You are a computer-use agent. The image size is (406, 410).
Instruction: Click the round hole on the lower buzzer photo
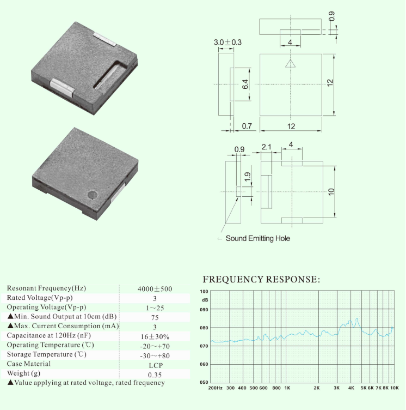click(x=92, y=195)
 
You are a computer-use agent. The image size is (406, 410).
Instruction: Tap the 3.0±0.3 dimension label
click(x=227, y=42)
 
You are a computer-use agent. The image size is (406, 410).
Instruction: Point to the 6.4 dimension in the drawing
click(x=245, y=84)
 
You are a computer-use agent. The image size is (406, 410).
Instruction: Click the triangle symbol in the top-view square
click(x=290, y=64)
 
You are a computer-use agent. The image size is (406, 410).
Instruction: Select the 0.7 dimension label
click(x=247, y=126)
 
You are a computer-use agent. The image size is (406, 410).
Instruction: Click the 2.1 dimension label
click(x=266, y=147)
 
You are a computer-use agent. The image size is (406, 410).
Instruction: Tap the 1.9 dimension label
click(x=248, y=177)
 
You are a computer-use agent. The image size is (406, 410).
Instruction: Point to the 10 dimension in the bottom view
click(x=331, y=192)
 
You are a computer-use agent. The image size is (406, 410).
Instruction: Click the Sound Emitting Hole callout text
click(x=258, y=238)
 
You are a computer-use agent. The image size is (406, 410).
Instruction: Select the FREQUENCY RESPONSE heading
click(x=261, y=279)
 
